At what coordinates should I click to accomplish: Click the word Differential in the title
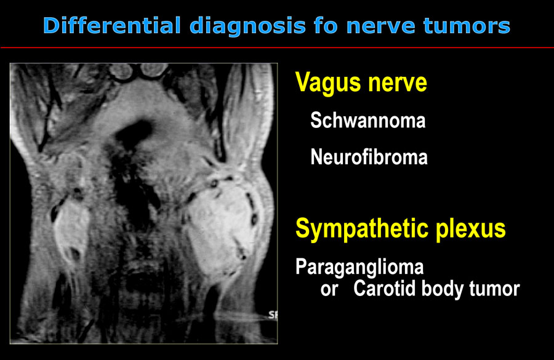pos(113,25)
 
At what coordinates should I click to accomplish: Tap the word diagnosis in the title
pos(247,26)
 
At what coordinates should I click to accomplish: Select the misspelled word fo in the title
pos(326,25)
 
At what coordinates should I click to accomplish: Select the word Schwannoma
pos(368,120)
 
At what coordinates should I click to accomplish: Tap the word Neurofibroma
pos(369,156)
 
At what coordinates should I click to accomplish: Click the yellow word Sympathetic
pos(362,230)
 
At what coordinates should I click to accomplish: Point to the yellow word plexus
pos(471,230)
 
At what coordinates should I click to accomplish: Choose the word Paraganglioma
pos(359,268)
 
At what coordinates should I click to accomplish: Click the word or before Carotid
pos(329,289)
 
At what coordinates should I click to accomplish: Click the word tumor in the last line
pos(494,289)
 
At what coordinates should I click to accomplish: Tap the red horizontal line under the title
pos(277,47)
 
